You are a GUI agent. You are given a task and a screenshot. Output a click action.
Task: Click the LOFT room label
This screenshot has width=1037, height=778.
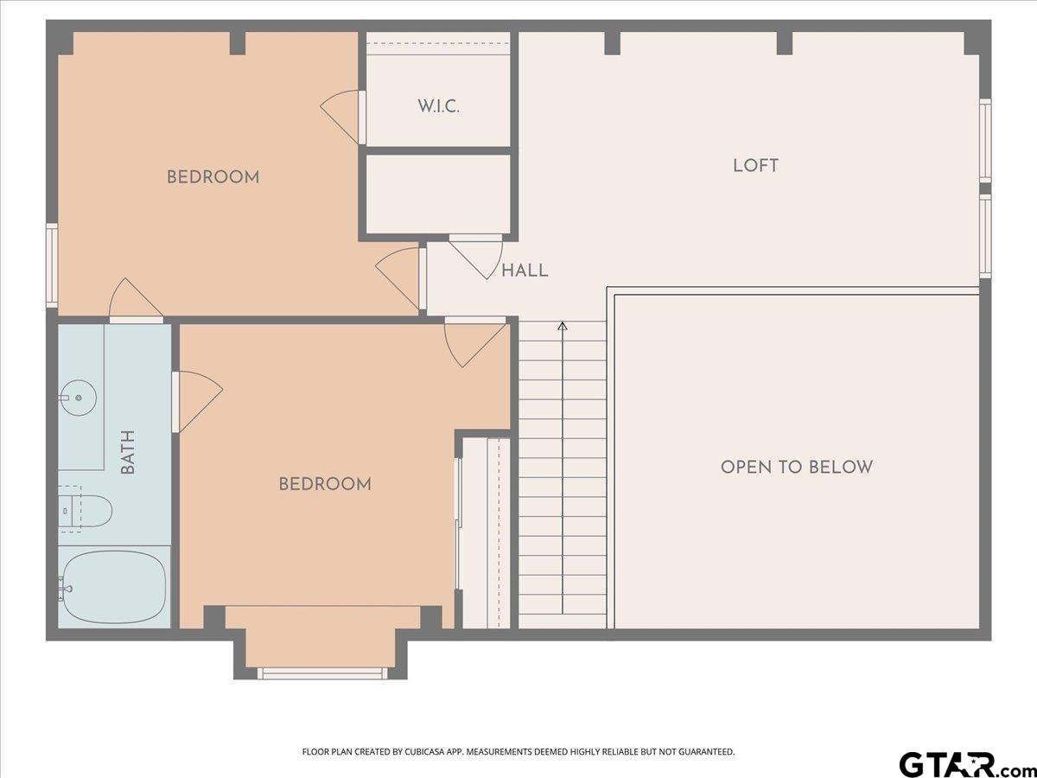(x=755, y=166)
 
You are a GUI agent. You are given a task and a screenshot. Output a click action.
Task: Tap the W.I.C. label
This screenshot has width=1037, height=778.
(x=438, y=106)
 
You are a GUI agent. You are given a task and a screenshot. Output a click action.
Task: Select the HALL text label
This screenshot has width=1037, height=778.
(x=525, y=271)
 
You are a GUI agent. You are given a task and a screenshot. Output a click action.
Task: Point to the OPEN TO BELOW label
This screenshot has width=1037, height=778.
(x=797, y=467)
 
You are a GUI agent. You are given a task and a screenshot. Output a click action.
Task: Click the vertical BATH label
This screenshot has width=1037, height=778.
(x=128, y=452)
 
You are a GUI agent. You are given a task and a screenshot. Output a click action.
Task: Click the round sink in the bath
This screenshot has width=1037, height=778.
(x=78, y=398)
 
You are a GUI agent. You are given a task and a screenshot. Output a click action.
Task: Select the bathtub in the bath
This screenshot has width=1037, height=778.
(x=114, y=587)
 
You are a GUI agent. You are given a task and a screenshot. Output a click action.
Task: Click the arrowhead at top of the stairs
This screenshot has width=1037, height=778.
(x=563, y=326)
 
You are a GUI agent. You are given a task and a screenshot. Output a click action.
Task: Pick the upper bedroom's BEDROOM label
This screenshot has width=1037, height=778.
(x=213, y=177)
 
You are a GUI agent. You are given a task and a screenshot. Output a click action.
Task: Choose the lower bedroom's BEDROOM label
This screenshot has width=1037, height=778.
(x=325, y=484)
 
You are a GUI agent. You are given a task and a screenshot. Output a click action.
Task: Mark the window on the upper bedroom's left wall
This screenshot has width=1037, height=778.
(x=52, y=265)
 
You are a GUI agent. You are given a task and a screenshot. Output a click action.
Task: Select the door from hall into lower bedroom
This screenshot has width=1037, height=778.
(x=475, y=341)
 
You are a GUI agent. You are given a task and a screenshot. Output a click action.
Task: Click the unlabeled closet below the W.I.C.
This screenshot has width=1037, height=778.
(x=438, y=194)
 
